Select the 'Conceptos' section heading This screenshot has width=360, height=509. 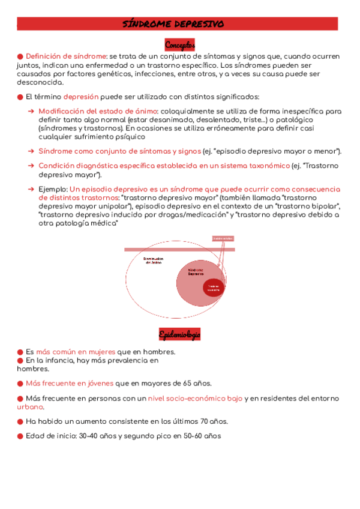click(179, 45)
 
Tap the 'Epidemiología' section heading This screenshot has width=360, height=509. click(179, 334)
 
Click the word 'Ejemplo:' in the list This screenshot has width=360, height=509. click(53, 189)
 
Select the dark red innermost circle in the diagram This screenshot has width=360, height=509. click(214, 288)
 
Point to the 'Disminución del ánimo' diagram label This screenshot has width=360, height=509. click(154, 261)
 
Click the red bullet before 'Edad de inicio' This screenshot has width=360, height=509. click(20, 436)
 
